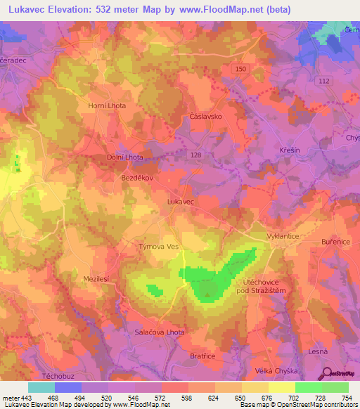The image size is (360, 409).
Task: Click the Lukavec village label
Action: tap(181, 201)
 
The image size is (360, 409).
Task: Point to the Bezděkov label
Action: tap(133, 178)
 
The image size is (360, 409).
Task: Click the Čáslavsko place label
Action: tap(206, 117)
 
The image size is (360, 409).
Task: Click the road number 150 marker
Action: tap(241, 68)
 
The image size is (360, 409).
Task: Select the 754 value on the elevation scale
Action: tap(339, 398)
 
